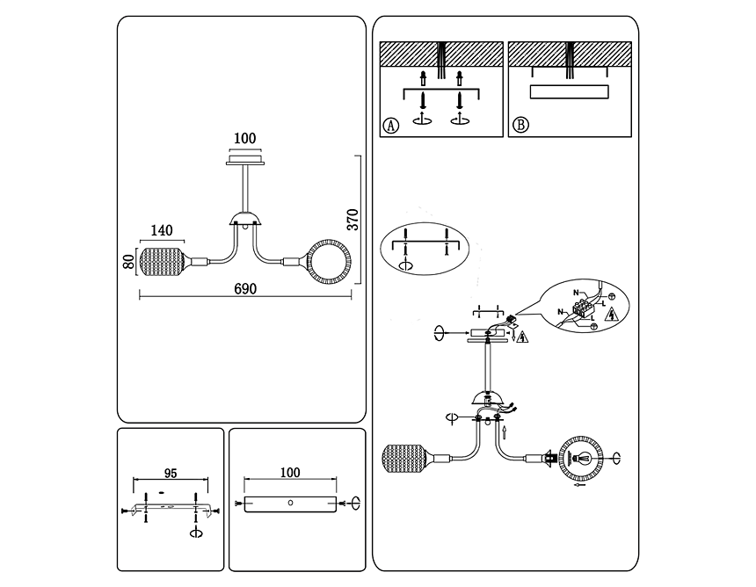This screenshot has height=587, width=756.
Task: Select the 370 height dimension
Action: (352, 219)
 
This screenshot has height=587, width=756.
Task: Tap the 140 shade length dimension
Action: (161, 231)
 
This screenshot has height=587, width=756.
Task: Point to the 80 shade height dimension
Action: (128, 261)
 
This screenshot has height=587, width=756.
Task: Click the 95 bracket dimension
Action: (171, 472)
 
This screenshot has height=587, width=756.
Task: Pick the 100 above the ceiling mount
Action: (244, 138)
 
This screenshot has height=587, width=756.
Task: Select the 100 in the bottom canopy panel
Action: (289, 473)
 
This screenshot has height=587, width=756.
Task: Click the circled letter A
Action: (391, 125)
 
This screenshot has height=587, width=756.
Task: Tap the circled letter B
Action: (520, 125)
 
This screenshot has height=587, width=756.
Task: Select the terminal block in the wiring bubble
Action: (583, 308)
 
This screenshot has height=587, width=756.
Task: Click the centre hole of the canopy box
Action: (291, 503)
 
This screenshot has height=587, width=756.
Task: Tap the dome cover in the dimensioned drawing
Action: (244, 219)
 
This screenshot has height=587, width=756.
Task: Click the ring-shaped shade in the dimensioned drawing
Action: (327, 262)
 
